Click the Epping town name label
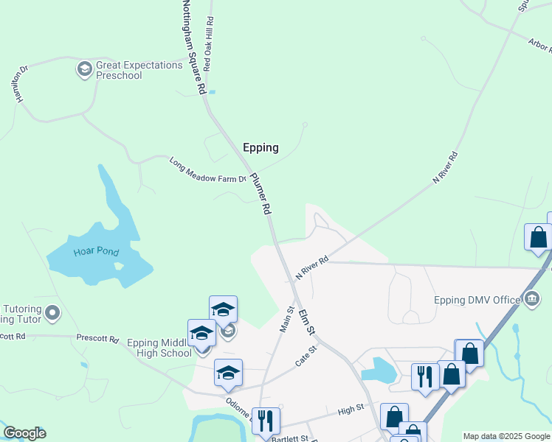click(x=261, y=147)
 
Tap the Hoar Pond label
click(x=96, y=252)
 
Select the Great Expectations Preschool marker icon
click(x=84, y=70)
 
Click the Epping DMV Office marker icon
click(x=531, y=298)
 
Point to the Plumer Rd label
click(x=261, y=194)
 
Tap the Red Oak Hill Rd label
click(x=210, y=42)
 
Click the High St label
click(x=351, y=407)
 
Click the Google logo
click(x=24, y=433)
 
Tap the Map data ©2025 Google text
click(x=506, y=436)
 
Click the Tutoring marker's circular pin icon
click(x=52, y=314)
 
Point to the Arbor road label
click(x=540, y=45)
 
